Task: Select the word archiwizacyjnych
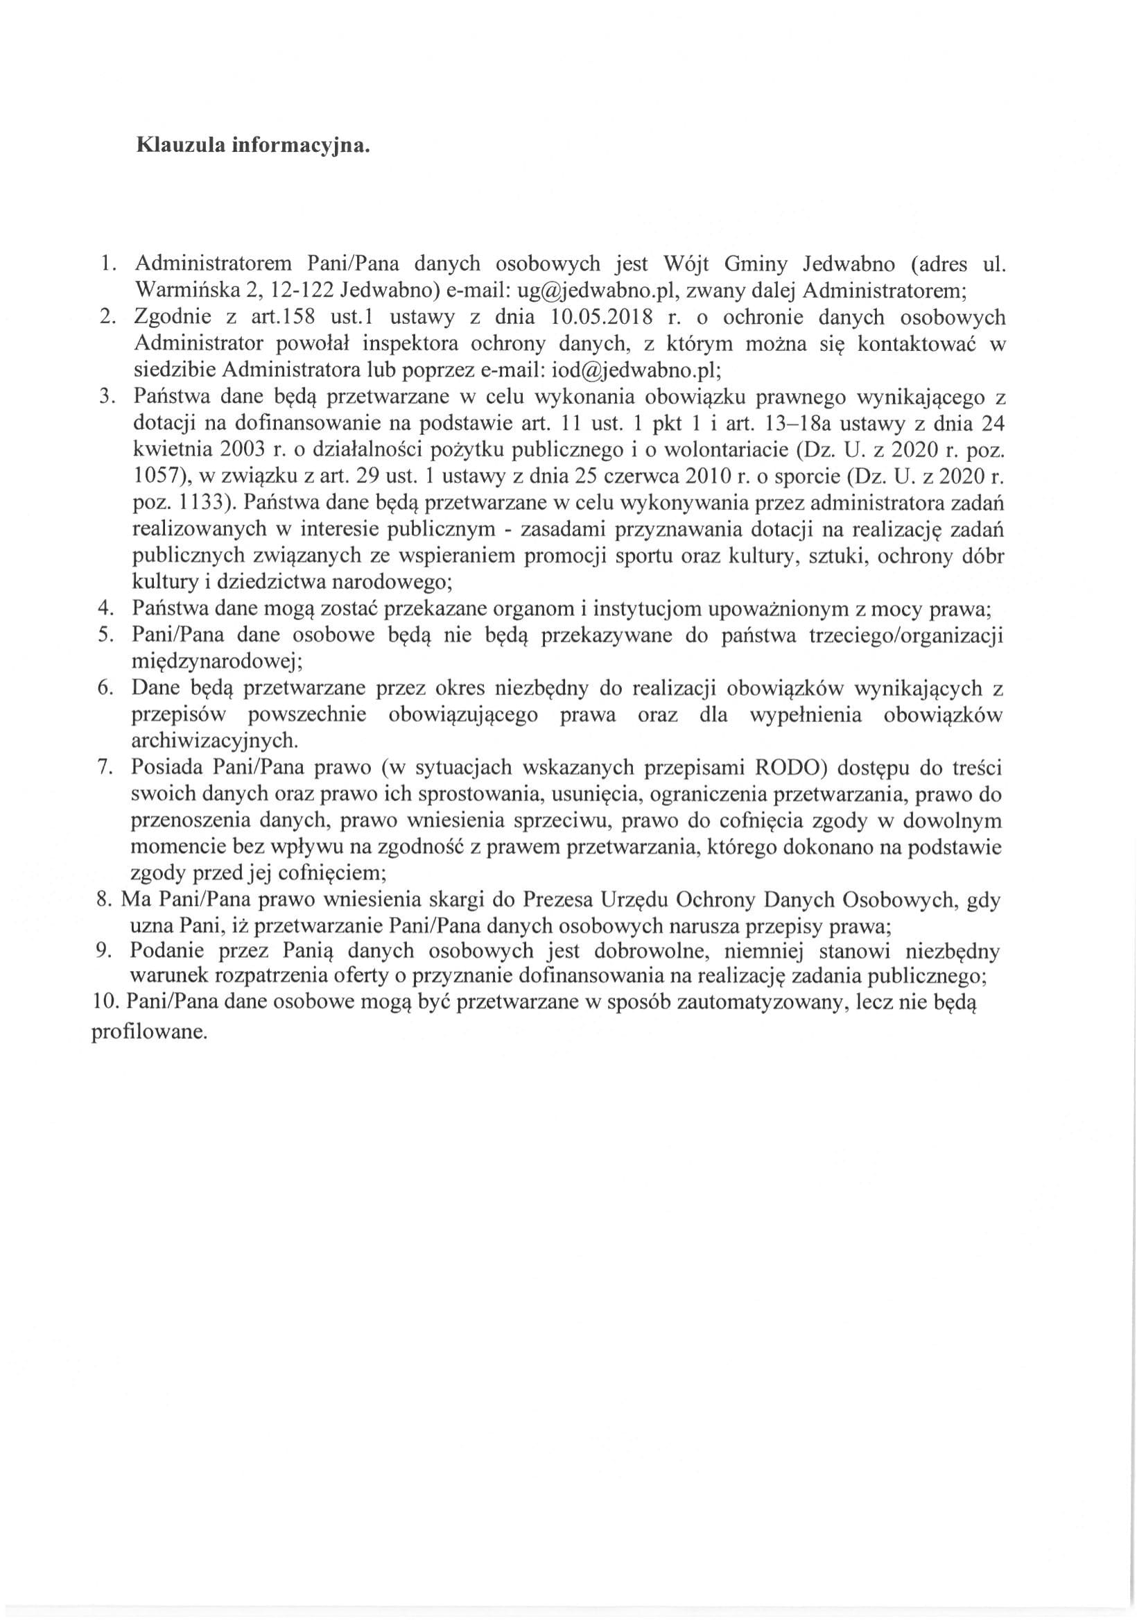point(214,741)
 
